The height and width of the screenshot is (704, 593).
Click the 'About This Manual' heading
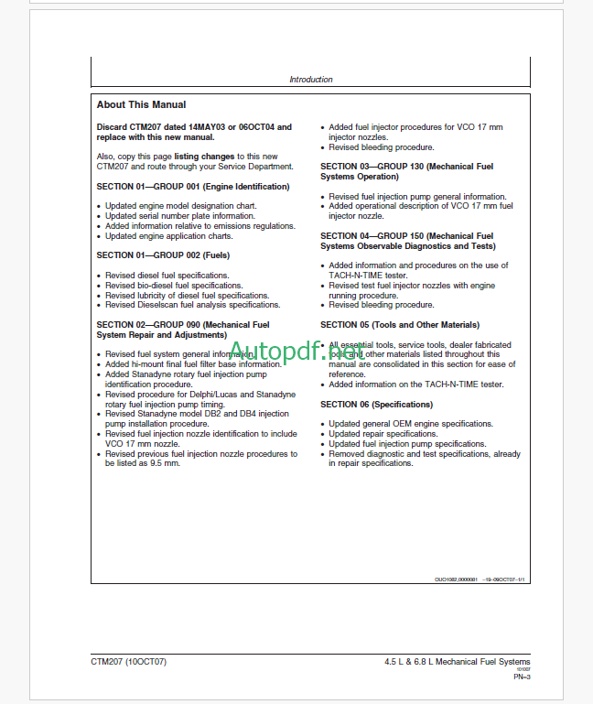tap(141, 105)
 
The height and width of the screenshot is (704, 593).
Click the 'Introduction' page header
tap(311, 80)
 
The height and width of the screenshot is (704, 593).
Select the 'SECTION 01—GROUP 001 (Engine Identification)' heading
tap(193, 187)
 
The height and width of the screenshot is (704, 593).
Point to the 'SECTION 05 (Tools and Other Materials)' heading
tap(400, 325)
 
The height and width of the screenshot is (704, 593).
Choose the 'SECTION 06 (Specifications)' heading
tap(376, 405)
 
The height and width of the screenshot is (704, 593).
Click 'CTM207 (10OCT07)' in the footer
tap(129, 662)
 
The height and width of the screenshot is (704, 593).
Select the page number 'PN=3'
tap(522, 677)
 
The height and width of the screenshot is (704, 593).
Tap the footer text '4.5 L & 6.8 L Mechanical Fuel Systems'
tap(458, 662)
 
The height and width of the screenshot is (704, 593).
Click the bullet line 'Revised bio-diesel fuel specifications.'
tap(174, 286)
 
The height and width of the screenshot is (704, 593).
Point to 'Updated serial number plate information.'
tap(179, 216)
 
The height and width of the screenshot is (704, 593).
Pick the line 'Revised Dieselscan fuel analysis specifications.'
tap(193, 305)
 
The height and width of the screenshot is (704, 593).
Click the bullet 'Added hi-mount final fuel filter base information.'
tap(194, 364)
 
